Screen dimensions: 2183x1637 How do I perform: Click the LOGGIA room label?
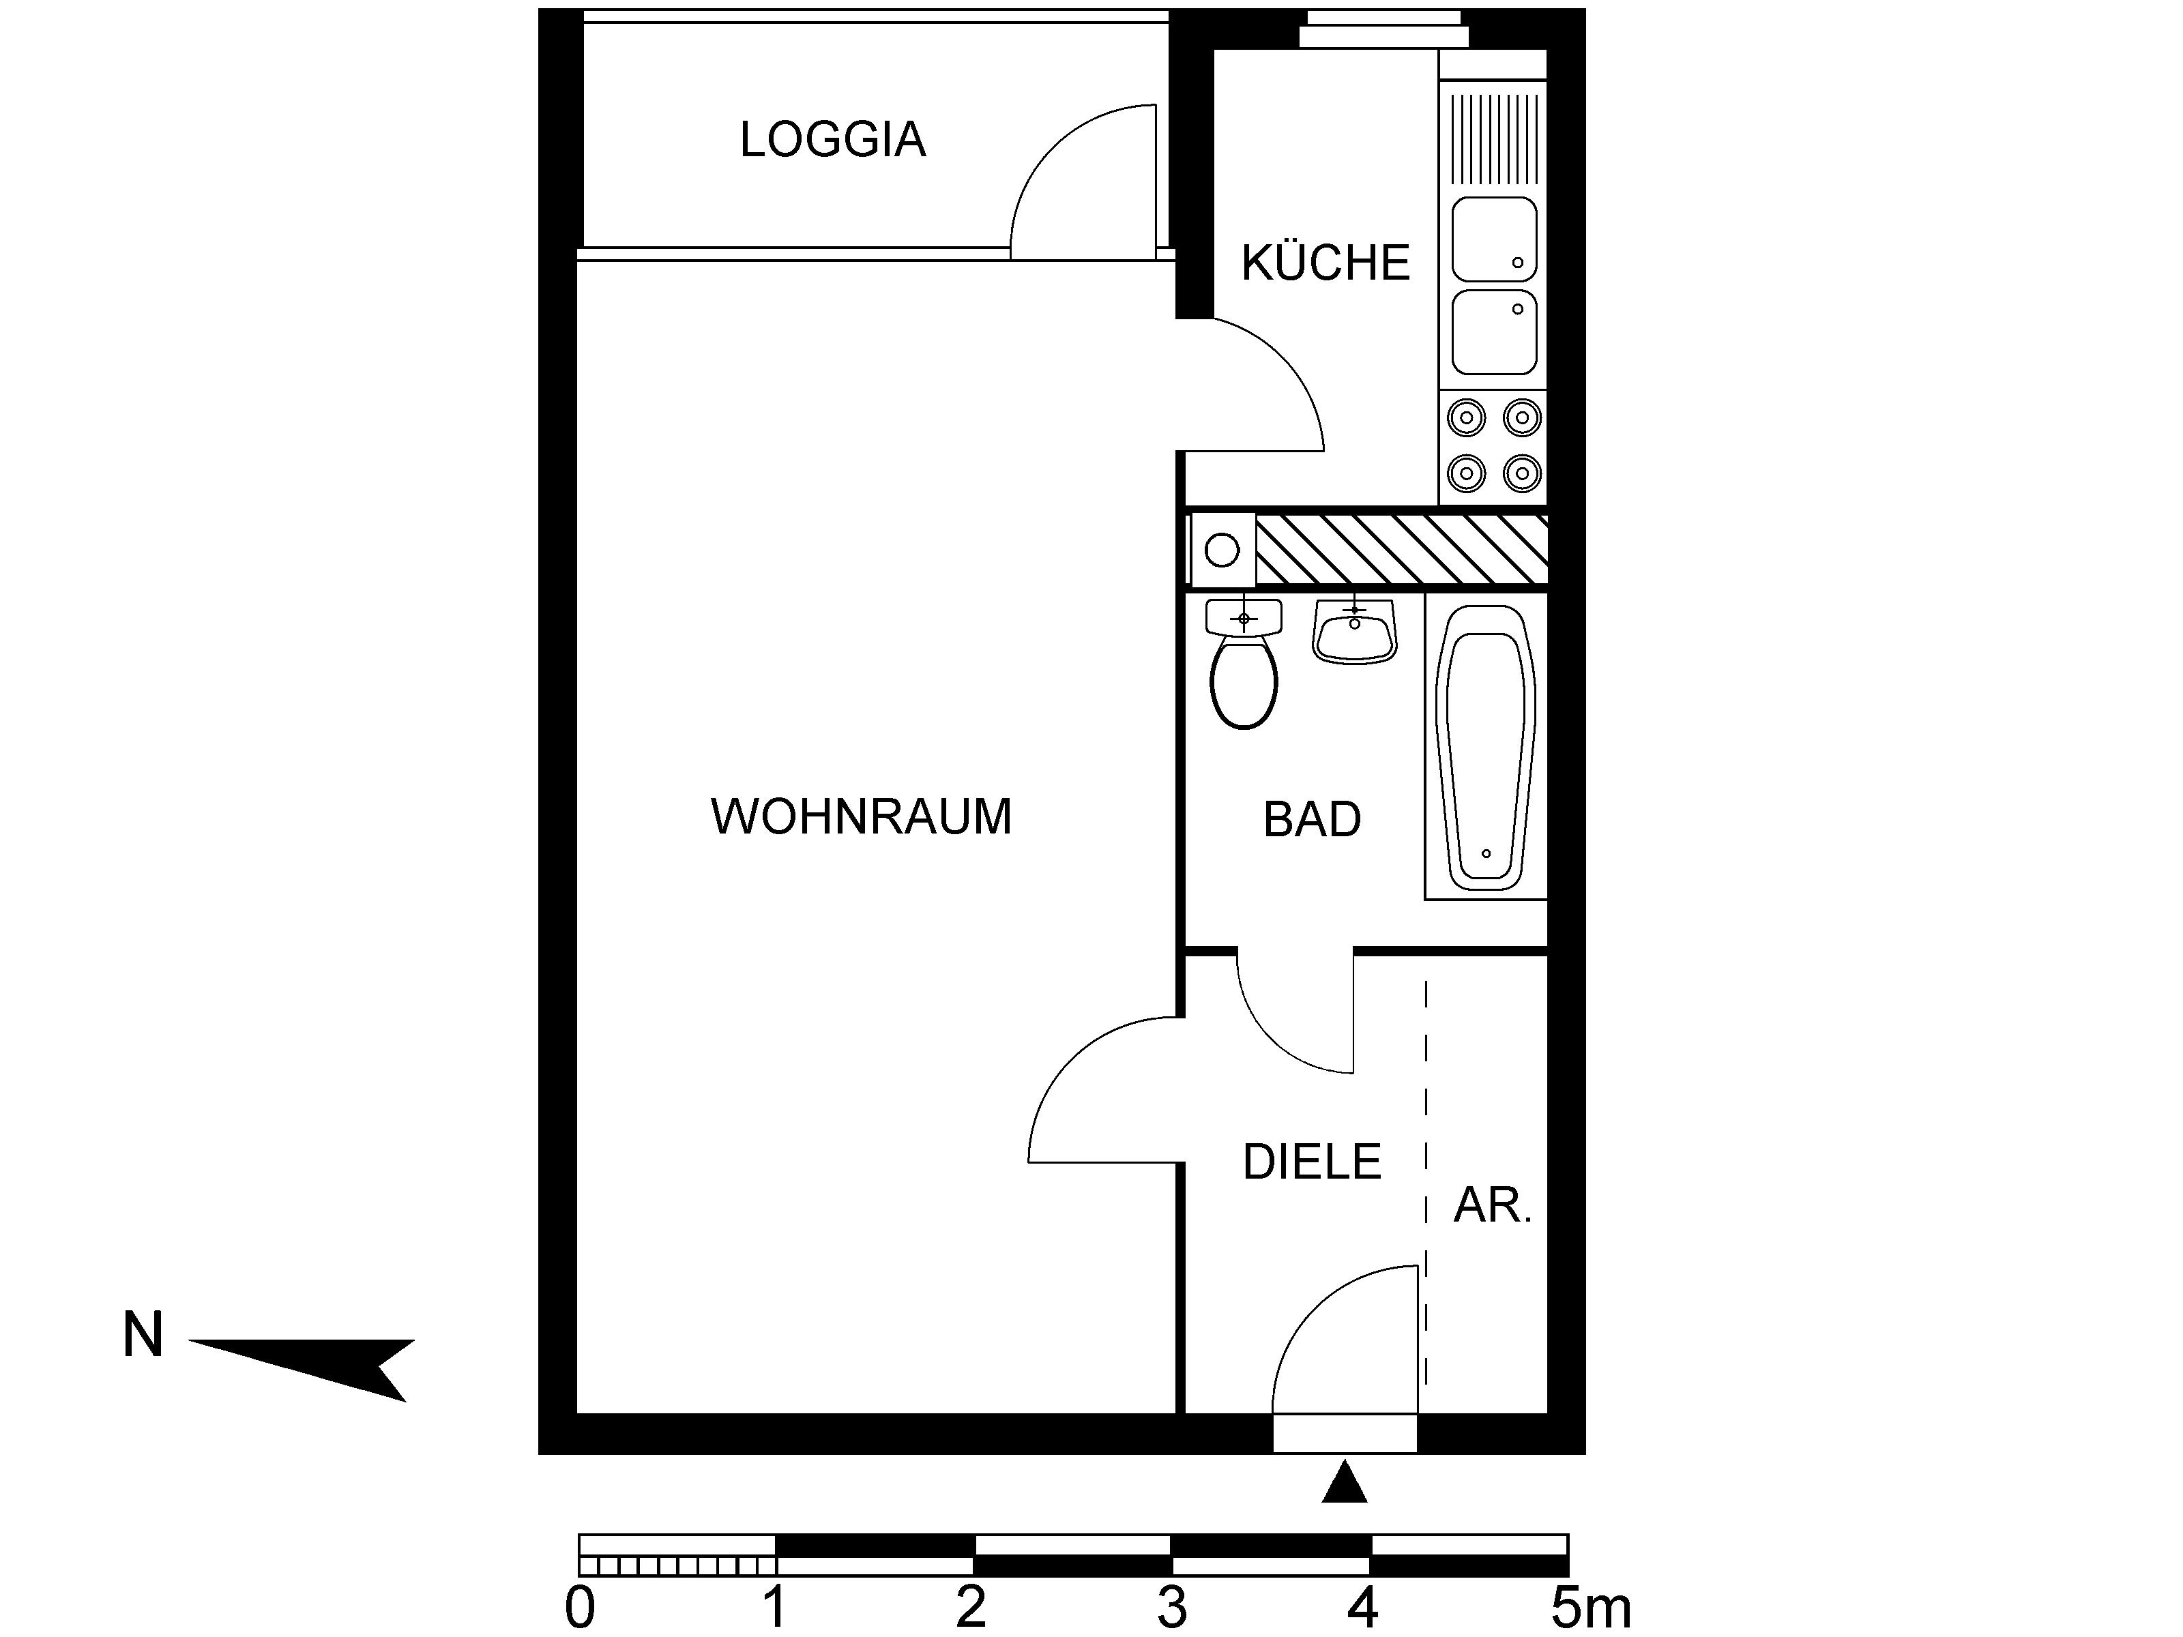[833, 140]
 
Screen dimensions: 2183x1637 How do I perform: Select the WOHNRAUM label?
[860, 817]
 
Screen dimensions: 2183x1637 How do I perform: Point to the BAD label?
[1312, 820]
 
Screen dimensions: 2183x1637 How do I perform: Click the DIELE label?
[1312, 1162]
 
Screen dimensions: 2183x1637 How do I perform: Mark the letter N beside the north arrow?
[142, 1335]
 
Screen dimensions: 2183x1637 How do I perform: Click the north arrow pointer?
[301, 1369]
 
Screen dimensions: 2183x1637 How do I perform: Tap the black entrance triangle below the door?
[1344, 1483]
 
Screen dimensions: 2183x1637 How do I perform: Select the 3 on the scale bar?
[1171, 1609]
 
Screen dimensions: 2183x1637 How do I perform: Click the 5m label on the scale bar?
[1591, 1609]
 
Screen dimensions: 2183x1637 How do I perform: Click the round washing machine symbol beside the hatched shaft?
[1222, 550]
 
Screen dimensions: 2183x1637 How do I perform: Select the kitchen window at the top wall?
[1383, 29]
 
